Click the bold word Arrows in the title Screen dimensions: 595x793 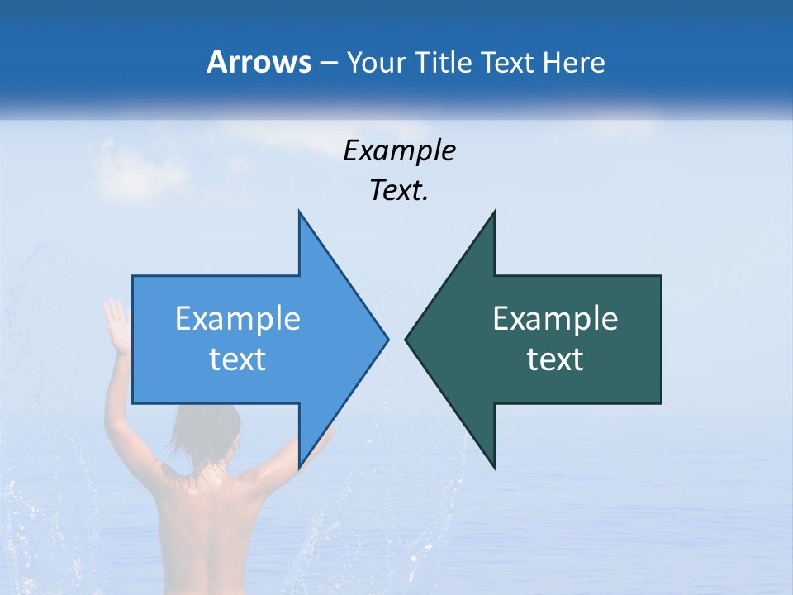point(259,62)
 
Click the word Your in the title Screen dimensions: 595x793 point(374,63)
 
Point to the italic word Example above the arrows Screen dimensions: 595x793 point(399,151)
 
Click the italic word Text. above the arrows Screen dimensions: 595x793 point(399,191)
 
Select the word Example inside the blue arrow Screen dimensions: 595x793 point(238,319)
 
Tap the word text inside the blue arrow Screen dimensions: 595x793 point(238,359)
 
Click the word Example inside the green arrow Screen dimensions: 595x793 point(555,319)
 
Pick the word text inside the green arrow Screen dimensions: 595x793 point(555,359)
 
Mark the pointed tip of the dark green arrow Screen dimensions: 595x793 point(406,339)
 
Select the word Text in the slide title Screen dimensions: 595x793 point(508,62)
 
